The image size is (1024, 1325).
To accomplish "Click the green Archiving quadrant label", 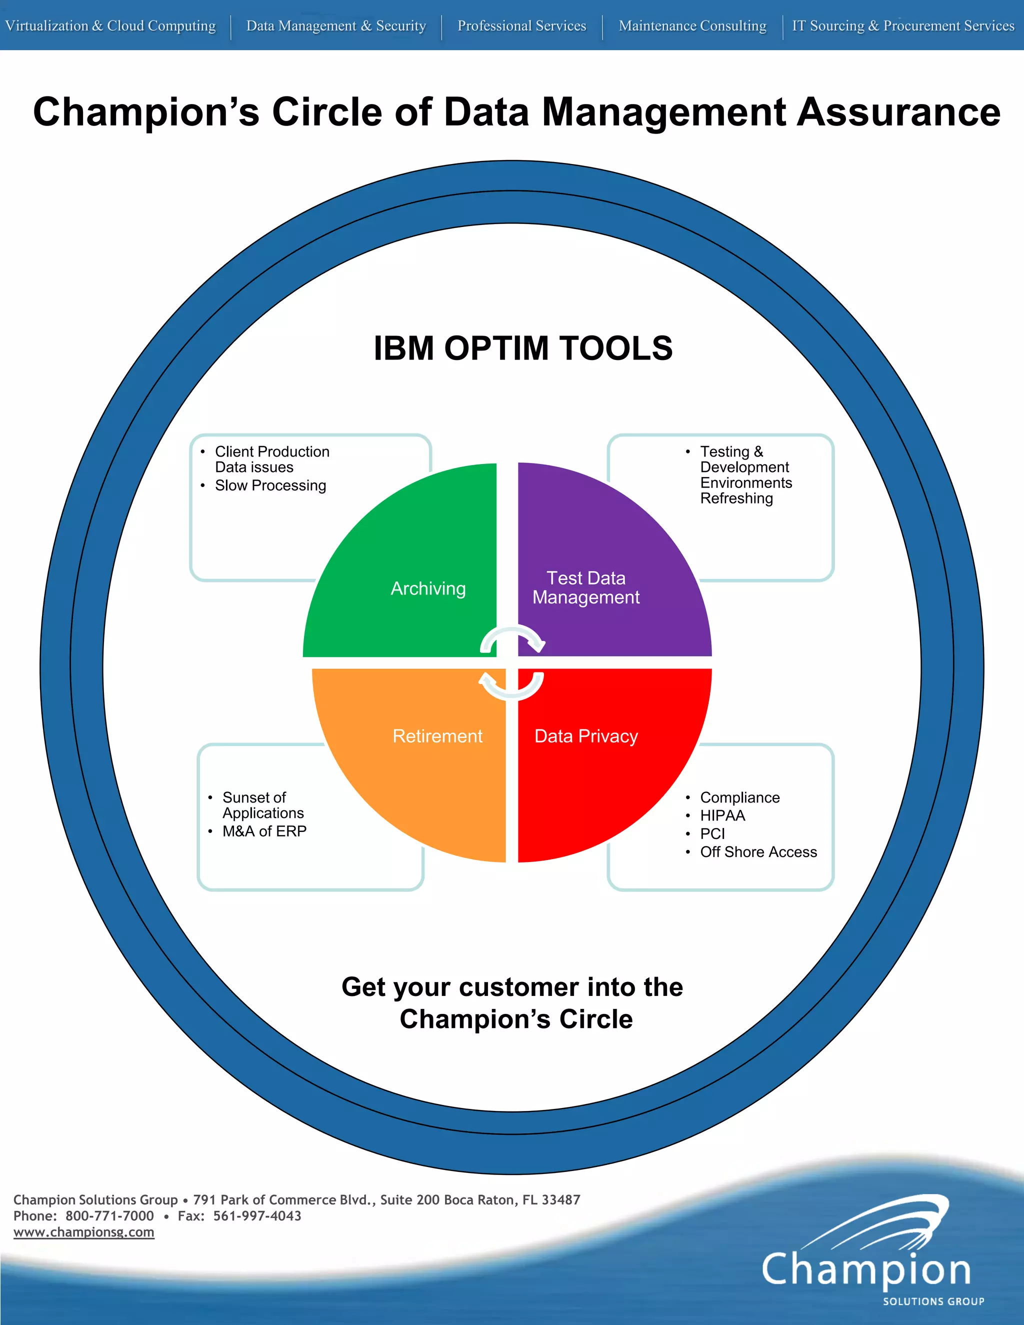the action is tap(428, 588).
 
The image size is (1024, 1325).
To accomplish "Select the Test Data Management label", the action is tap(586, 588).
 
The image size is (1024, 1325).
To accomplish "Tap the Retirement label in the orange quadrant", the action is tap(437, 736).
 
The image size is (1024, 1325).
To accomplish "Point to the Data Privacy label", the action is tap(586, 736).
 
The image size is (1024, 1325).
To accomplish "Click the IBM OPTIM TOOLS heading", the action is tap(523, 348).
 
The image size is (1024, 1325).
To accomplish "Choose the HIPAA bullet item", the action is tap(722, 815).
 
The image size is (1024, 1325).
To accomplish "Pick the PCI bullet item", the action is tap(713, 833).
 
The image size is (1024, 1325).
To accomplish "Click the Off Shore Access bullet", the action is tap(758, 852).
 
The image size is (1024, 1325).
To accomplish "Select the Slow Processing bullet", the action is tap(270, 485).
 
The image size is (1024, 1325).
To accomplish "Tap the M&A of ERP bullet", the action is tap(264, 831).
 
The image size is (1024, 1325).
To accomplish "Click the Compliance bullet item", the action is tap(740, 797).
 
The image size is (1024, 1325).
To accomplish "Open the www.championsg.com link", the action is tap(83, 1232).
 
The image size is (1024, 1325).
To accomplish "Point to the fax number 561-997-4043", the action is tap(257, 1216).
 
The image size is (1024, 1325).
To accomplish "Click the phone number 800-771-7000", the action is tap(110, 1216).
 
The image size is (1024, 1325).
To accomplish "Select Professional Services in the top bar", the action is tap(521, 25).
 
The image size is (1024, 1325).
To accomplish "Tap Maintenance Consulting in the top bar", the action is tap(692, 25).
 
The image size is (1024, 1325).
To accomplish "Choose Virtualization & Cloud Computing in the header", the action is tap(110, 25).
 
